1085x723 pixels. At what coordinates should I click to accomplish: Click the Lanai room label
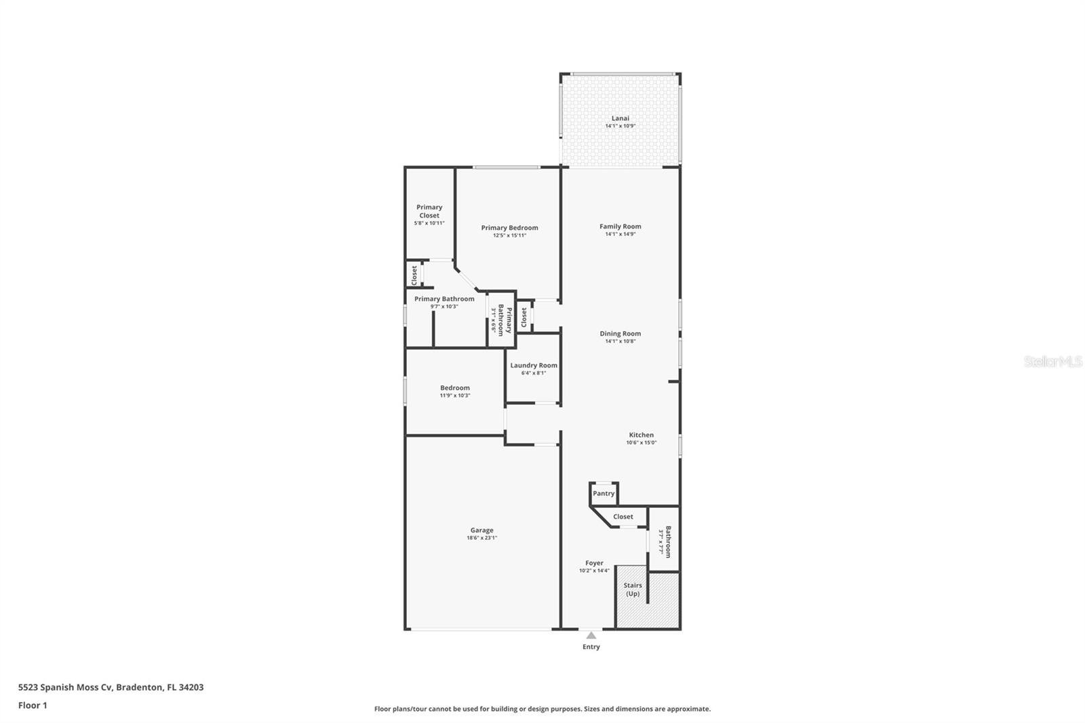620,118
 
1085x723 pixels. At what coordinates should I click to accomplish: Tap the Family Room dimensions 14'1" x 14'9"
620,234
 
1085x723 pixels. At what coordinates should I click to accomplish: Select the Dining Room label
620,334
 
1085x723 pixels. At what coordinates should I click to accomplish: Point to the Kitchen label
641,435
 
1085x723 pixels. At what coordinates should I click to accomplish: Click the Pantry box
604,494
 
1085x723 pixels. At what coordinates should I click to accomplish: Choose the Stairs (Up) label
632,589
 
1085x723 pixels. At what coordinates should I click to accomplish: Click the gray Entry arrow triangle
591,636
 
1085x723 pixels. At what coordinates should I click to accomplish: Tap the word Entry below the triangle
591,647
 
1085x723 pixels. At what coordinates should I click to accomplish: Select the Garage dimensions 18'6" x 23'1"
481,538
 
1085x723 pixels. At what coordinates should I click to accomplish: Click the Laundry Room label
534,366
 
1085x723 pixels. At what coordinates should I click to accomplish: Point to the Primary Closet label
429,211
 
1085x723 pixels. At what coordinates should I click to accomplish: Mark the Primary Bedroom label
509,228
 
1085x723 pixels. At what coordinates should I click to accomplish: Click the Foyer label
594,563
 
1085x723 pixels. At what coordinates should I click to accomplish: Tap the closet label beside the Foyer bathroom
623,517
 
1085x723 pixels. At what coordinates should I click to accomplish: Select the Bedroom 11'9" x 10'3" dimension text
454,395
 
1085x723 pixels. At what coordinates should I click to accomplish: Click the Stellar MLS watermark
1052,362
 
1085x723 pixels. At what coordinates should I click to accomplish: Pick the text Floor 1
33,705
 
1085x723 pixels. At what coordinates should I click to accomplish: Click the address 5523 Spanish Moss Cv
65,687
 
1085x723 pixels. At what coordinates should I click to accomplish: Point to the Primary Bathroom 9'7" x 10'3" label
444,299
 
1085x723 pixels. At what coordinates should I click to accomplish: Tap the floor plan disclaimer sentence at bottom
542,709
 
